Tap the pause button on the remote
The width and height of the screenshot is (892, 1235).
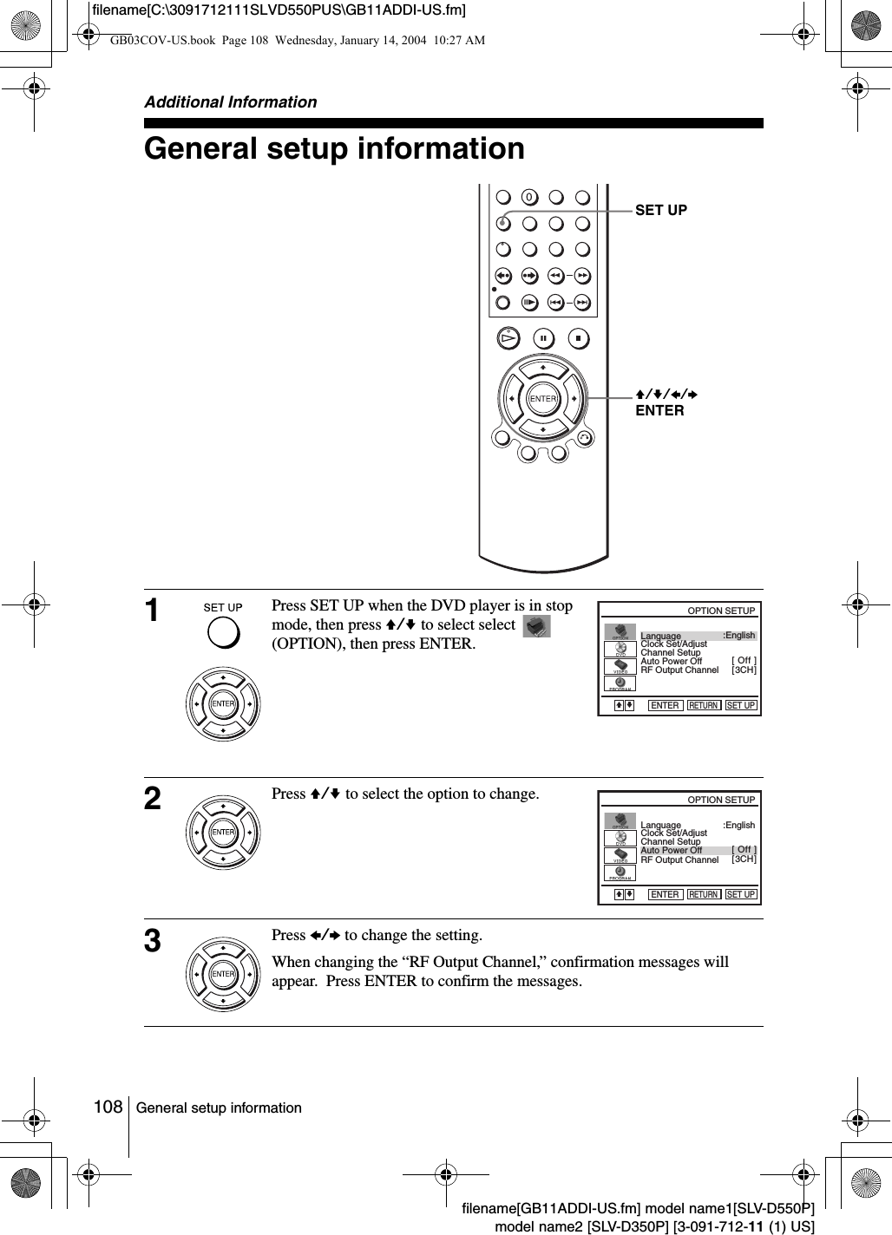[542, 337]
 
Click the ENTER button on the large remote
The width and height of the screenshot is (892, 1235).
[542, 398]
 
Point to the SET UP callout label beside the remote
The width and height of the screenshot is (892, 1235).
[661, 210]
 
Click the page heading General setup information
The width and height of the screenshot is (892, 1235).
[334, 148]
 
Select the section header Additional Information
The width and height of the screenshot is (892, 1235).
[230, 101]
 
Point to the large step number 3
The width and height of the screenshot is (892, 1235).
[153, 941]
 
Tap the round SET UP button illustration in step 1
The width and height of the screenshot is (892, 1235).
[223, 634]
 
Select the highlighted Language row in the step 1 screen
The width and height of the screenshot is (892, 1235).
[697, 636]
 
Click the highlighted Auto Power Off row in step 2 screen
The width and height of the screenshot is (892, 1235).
[697, 850]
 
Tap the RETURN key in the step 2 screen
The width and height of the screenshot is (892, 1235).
[704, 894]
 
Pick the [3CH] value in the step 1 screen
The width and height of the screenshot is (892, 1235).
[744, 670]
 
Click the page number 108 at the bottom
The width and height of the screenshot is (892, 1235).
[108, 1108]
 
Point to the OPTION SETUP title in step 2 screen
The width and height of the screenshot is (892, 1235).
[721, 800]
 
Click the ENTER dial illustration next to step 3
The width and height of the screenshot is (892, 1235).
[223, 974]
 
